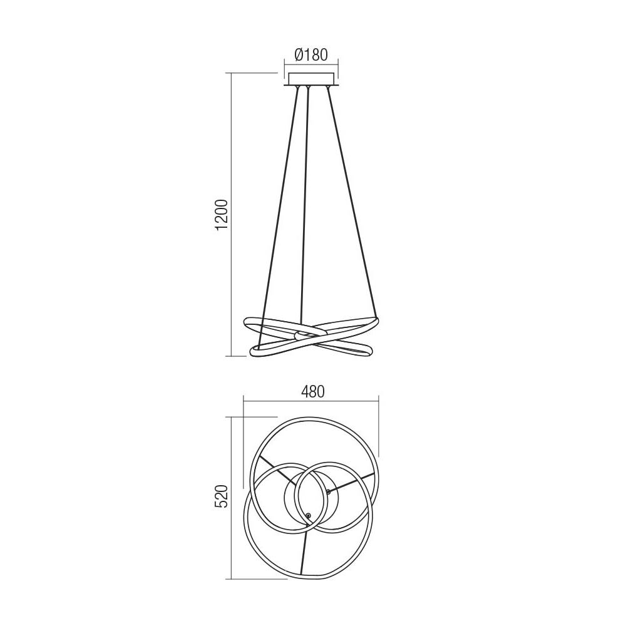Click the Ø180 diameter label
311,54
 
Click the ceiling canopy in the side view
312,80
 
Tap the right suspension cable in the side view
352,207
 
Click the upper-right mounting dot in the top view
328,491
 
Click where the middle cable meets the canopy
308,87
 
